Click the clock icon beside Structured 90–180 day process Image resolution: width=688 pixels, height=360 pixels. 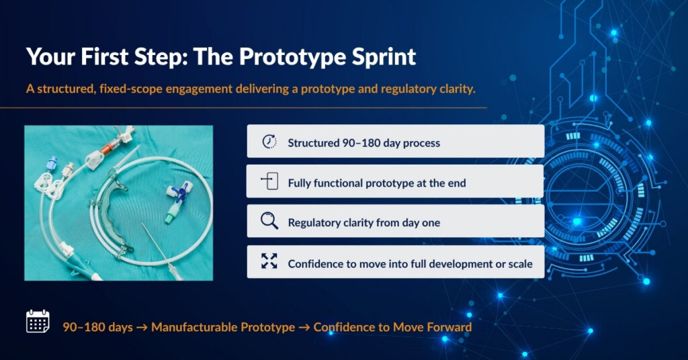[269, 141]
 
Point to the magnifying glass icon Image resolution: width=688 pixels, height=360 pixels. [269, 220]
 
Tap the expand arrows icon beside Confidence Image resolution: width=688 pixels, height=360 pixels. [269, 261]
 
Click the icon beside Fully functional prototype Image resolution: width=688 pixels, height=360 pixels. [270, 181]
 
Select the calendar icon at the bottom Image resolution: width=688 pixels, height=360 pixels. [38, 321]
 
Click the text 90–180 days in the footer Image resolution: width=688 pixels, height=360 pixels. [97, 327]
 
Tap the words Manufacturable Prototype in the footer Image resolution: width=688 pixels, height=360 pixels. [223, 327]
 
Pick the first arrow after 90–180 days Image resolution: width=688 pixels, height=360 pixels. [142, 328]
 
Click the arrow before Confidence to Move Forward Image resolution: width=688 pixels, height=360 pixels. [304, 328]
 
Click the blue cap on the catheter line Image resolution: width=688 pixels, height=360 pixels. [52, 163]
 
